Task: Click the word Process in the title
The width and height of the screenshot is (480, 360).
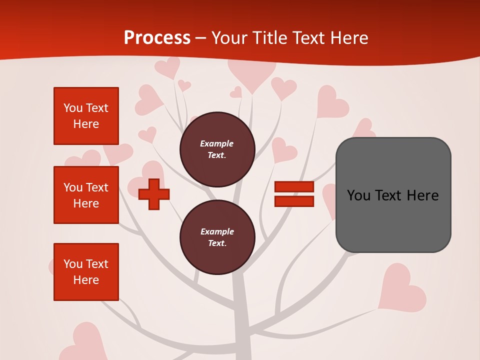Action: pos(157,37)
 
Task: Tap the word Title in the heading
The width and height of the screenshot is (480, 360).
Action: pos(270,38)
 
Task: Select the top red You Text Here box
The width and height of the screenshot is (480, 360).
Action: pos(86,116)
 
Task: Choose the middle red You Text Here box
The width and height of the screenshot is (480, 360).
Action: pos(86,195)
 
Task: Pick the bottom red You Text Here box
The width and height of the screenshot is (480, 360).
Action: pos(86,272)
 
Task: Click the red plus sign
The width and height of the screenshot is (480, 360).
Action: pos(154,194)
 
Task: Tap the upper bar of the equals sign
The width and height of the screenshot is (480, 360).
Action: pos(294,187)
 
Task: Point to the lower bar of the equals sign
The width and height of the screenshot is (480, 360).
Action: pos(294,201)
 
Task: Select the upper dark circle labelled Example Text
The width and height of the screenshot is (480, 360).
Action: pos(217,149)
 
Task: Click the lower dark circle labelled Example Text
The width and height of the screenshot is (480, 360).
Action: pos(217,237)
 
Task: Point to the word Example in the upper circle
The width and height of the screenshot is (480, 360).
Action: pos(216,143)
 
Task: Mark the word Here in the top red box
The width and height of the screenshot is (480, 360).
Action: pos(86,124)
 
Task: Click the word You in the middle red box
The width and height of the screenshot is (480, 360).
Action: pos(72,187)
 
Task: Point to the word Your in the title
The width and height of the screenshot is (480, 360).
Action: pos(228,38)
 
